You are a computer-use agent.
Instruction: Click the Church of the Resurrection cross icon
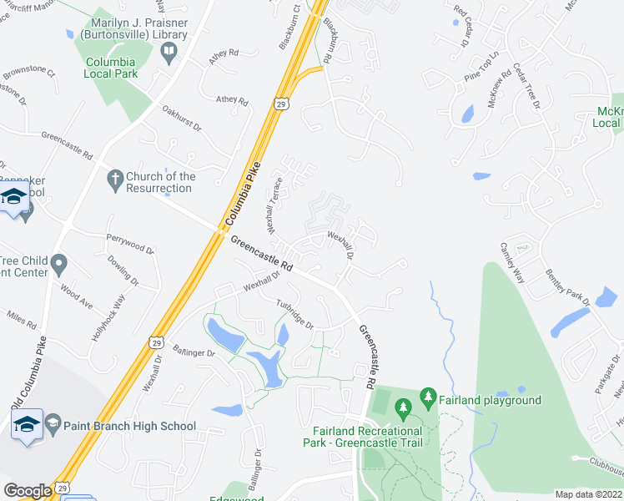point(115,177)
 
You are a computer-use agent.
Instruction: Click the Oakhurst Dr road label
point(182,118)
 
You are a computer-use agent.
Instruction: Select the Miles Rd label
point(22,318)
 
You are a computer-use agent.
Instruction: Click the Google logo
point(28,491)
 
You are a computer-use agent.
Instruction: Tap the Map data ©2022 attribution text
point(589,494)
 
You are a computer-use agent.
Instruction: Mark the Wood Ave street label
point(76,296)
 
